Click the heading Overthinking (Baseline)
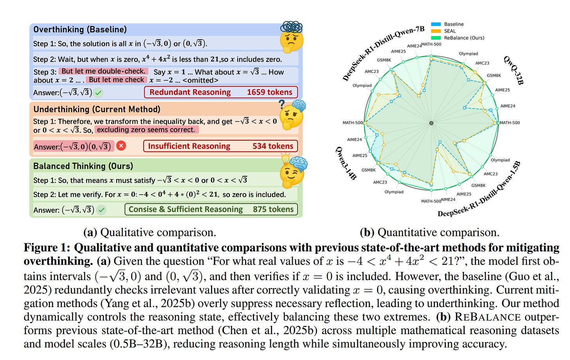(80, 30)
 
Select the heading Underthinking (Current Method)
(97, 109)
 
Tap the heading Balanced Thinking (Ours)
(83, 166)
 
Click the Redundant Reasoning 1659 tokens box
(221, 92)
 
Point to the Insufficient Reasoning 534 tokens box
(220, 147)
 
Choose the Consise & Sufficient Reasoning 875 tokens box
(211, 210)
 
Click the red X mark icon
(121, 146)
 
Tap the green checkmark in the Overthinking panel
(98, 93)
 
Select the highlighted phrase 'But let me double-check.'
(103, 71)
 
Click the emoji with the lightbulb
(292, 172)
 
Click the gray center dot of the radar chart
(431, 123)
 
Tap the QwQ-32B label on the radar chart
(513, 70)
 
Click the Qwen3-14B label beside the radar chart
(346, 163)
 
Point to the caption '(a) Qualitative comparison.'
(150, 233)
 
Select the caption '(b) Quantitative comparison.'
(429, 233)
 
